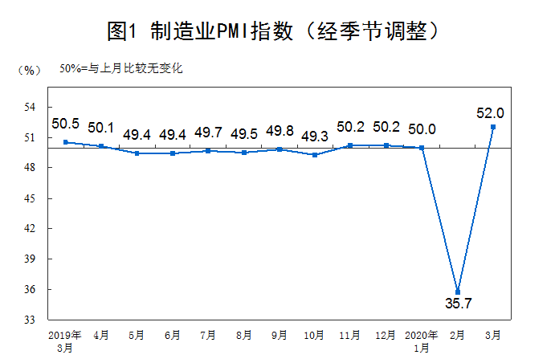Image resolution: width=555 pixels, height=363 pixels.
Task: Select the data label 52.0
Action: click(x=490, y=112)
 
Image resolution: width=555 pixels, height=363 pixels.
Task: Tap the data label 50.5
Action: click(x=65, y=124)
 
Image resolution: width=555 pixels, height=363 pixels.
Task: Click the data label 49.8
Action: click(x=279, y=132)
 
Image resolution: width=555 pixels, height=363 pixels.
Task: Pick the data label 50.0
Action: click(x=422, y=128)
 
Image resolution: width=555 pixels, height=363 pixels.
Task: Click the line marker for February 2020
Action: click(x=458, y=292)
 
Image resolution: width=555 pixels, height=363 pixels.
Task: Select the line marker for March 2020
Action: click(x=493, y=127)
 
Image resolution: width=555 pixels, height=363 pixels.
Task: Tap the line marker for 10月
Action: click(x=315, y=155)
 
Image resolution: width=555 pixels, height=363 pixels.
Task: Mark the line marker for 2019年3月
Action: click(x=64, y=142)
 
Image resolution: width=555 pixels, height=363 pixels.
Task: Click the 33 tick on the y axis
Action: click(x=30, y=320)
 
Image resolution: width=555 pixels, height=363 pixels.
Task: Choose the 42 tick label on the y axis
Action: click(x=30, y=229)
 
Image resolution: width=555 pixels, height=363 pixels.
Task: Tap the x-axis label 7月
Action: click(x=207, y=334)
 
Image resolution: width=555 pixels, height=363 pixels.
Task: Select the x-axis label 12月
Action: click(x=386, y=334)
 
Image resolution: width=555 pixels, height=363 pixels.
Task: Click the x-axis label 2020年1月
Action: click(x=422, y=341)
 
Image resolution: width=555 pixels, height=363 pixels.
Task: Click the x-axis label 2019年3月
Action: click(x=65, y=341)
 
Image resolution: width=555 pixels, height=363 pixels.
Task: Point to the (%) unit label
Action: click(x=28, y=70)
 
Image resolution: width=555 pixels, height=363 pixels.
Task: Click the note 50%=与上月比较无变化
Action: click(x=121, y=68)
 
